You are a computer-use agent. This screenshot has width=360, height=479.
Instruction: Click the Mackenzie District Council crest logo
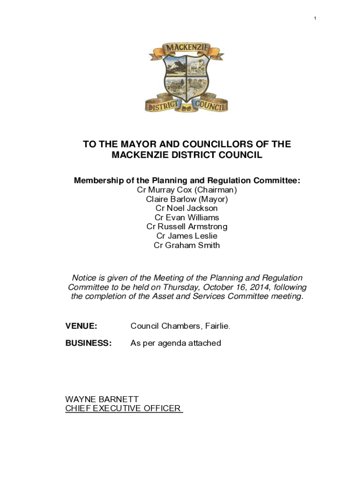(x=187, y=77)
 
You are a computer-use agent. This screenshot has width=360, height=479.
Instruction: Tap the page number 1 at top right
(x=315, y=18)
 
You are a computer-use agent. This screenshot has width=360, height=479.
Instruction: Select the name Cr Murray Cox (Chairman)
(x=187, y=190)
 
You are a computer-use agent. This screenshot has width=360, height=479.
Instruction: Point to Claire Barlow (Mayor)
(x=187, y=199)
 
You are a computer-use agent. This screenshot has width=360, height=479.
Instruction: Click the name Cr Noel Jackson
(x=187, y=208)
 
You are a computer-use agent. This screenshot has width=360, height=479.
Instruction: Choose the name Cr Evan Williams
(x=187, y=218)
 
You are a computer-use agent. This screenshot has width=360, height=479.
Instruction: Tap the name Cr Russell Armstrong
(x=187, y=227)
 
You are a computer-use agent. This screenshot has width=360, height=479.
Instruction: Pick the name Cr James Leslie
(x=187, y=236)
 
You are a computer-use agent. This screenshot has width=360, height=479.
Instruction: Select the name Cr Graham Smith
(x=187, y=245)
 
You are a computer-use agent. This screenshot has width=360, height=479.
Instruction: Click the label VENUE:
(x=81, y=326)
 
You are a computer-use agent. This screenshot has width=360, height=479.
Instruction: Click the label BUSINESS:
(x=88, y=343)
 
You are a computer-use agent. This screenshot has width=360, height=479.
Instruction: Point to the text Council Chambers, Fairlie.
(x=180, y=326)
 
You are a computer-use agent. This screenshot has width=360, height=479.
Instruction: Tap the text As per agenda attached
(x=176, y=343)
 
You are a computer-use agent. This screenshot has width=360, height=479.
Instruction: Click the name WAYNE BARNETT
(x=102, y=399)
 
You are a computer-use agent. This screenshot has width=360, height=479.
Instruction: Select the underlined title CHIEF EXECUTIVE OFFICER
(x=123, y=408)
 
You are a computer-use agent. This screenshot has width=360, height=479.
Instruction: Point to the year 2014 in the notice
(x=252, y=287)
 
